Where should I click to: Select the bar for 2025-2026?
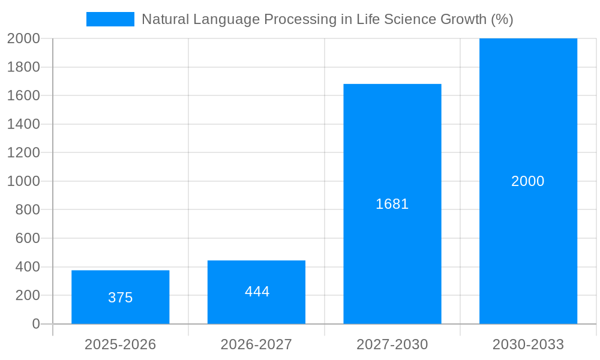[x=120, y=282]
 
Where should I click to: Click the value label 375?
[x=120, y=298]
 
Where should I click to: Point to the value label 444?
[x=257, y=292]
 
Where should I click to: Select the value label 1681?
[x=392, y=204]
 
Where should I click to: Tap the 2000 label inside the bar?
[x=527, y=181]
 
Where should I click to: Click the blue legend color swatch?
[x=110, y=19]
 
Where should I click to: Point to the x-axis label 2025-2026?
[x=120, y=344]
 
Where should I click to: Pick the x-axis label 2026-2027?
[x=256, y=344]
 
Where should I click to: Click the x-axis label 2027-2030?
[x=392, y=344]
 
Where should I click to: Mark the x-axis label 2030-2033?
[x=528, y=344]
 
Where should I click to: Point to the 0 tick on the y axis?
[x=35, y=324]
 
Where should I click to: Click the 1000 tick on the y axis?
[x=23, y=181]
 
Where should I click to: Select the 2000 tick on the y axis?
[x=23, y=38]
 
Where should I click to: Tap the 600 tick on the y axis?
[x=27, y=238]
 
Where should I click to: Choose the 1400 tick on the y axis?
[x=23, y=124]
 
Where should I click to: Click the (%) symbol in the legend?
[x=502, y=19]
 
